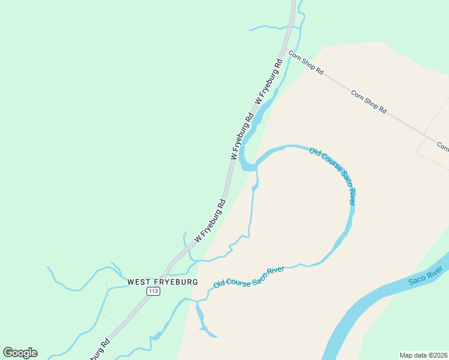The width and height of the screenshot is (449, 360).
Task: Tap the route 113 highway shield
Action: pos(153,291)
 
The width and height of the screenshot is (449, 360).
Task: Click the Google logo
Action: pos(20,353)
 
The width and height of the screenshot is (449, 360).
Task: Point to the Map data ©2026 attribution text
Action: pos(423,355)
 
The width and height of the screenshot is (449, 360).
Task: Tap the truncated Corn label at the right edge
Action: pos(443,146)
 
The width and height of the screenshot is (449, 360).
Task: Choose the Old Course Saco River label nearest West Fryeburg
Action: pos(249,277)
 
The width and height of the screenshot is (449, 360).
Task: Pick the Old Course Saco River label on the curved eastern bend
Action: pos(333,176)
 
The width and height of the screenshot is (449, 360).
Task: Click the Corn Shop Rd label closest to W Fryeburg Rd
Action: pos(306,62)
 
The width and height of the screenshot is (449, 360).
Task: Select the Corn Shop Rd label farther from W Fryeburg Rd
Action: pos(369,102)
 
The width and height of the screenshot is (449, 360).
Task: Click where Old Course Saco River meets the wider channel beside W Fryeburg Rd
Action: pos(256,166)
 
